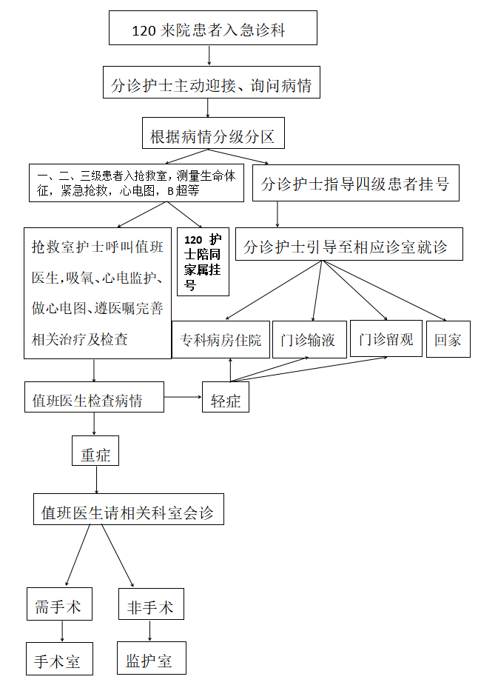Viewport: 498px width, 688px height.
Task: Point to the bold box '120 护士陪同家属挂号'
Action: click(203, 262)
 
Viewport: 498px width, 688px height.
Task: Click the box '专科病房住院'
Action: click(221, 339)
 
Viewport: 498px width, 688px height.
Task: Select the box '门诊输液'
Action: click(309, 339)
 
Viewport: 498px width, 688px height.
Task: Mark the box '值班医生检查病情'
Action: click(94, 401)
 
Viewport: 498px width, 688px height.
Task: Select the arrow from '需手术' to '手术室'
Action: click(62, 631)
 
